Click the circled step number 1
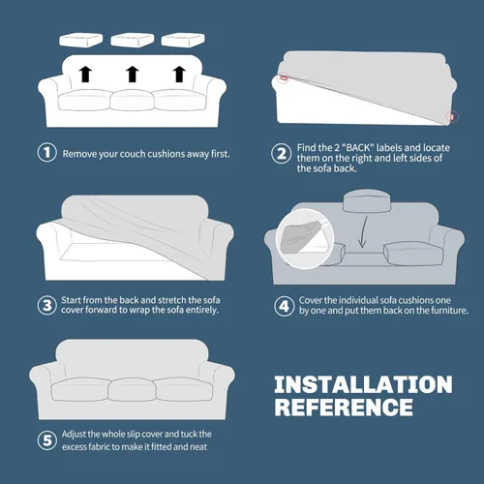[x=47, y=152]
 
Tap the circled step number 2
[x=282, y=154]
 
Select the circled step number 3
[x=47, y=305]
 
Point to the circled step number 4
[x=284, y=306]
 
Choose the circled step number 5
[x=47, y=440]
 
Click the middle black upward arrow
[x=133, y=74]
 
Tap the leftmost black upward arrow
[x=85, y=74]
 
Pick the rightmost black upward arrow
[x=179, y=74]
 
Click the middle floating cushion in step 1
[x=133, y=40]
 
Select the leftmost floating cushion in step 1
[x=81, y=40]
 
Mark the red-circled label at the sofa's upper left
[x=284, y=77]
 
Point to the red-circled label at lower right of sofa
[x=452, y=116]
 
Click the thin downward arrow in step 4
[x=364, y=231]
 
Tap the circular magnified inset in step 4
[x=305, y=238]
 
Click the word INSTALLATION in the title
[x=363, y=384]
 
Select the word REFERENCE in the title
[x=344, y=407]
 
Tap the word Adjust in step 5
[x=74, y=435]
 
